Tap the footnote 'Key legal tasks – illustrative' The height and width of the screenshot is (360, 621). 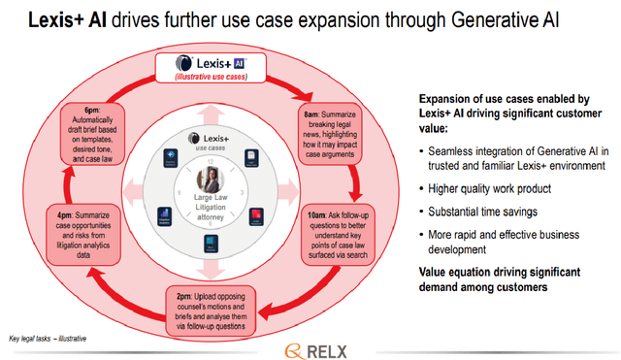point(49,338)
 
